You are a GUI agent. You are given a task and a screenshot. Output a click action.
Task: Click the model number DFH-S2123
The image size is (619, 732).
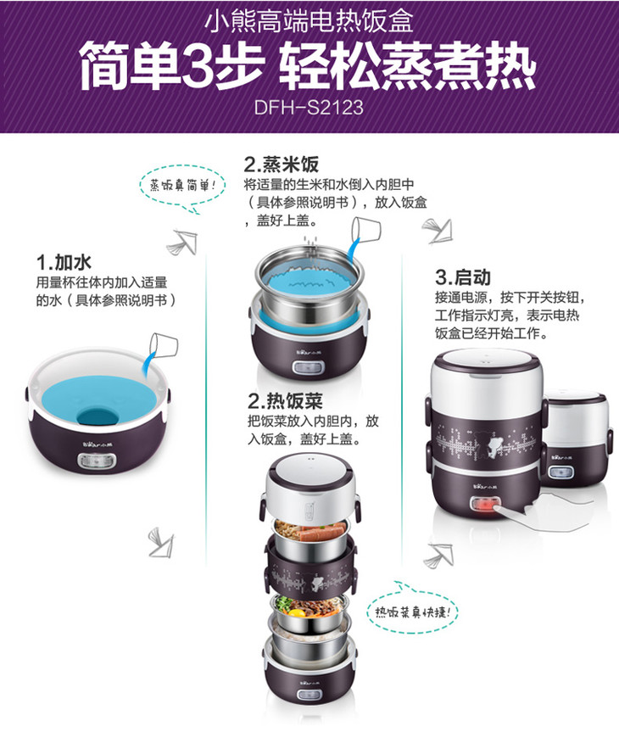(x=309, y=107)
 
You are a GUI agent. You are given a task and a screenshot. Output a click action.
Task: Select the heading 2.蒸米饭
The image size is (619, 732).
(x=281, y=164)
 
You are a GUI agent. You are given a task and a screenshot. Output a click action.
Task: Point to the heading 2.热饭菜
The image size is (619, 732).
(x=285, y=400)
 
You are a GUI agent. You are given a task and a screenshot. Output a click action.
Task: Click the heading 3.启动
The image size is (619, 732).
(x=463, y=277)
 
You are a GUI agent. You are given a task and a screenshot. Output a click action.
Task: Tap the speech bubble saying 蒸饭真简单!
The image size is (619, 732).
(x=183, y=186)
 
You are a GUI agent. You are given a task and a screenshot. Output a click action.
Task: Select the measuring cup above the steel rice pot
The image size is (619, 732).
(x=365, y=230)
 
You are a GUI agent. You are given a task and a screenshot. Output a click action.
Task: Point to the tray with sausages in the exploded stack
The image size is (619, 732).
(x=310, y=535)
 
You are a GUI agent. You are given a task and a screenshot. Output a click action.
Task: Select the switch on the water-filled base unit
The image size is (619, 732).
(x=97, y=462)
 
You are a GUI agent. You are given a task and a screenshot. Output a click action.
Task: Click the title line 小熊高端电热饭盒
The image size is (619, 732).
(x=309, y=21)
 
